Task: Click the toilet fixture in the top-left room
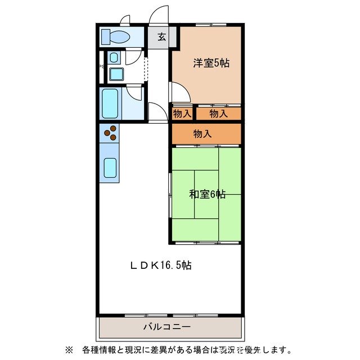point(118,37)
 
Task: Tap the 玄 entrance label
point(161,37)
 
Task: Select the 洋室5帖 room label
point(211,63)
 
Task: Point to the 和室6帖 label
point(207,194)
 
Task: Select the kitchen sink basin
point(111,168)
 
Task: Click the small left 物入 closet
point(182,114)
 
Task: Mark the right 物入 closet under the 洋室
point(219,114)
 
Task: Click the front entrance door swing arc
point(160,16)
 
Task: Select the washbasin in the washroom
point(114,58)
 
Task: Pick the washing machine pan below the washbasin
point(116,73)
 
